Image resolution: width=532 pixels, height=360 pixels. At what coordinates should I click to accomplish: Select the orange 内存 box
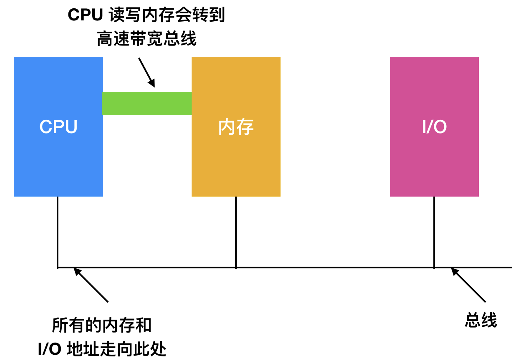point(236,160)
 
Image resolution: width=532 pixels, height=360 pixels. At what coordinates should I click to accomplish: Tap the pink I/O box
point(434,160)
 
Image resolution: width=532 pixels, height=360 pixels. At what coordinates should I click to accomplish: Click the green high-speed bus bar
point(147,103)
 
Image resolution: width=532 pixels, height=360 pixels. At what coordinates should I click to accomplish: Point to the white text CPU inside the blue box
point(58,127)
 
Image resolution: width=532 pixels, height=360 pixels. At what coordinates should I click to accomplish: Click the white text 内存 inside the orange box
point(236,127)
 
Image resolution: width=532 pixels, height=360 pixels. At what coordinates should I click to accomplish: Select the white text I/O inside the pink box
point(434,127)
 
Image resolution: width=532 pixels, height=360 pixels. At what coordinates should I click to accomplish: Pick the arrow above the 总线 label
point(468,285)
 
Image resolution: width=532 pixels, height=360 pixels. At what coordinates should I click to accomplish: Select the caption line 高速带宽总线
point(146,39)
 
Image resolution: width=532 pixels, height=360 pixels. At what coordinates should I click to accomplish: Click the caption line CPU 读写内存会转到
point(146,15)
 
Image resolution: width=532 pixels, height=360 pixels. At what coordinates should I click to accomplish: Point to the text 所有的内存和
point(102,326)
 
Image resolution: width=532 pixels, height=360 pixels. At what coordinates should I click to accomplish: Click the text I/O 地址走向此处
point(102,348)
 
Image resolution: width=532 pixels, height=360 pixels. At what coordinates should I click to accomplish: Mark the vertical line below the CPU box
point(58,231)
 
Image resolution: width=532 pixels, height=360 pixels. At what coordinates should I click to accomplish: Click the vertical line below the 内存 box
point(236,231)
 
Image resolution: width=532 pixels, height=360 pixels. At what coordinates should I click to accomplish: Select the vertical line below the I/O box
point(434,231)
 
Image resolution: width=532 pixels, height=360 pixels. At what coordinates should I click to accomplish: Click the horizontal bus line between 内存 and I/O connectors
point(335,267)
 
